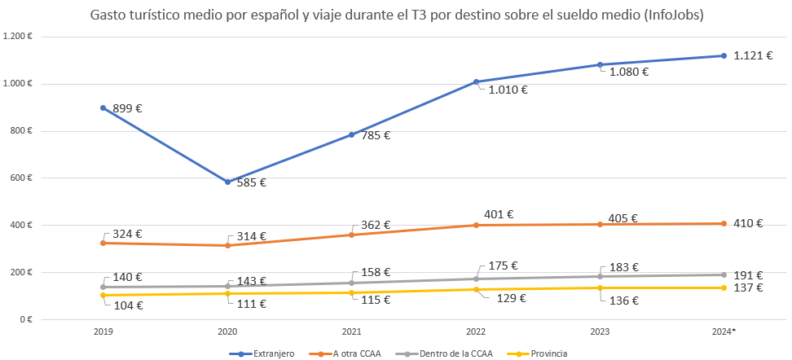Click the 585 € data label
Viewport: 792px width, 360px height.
coord(252,182)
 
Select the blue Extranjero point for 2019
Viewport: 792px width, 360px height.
coord(103,108)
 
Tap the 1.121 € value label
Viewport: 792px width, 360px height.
coord(752,55)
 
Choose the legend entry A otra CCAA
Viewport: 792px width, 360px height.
coord(356,353)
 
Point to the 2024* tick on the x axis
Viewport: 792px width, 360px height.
coord(724,331)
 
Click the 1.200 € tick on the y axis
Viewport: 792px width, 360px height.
coord(17,37)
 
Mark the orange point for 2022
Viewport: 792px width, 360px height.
coord(476,225)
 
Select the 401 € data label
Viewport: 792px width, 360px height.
coord(499,214)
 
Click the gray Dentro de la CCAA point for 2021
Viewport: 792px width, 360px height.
coord(352,283)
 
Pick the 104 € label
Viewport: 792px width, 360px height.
coord(128,305)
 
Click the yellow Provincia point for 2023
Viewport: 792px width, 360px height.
coord(600,288)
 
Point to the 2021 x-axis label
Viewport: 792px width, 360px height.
coord(351,331)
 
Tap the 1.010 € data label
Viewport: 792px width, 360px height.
coord(508,90)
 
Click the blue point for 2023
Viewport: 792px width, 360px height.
coord(600,65)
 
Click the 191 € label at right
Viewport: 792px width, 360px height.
coord(747,275)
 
